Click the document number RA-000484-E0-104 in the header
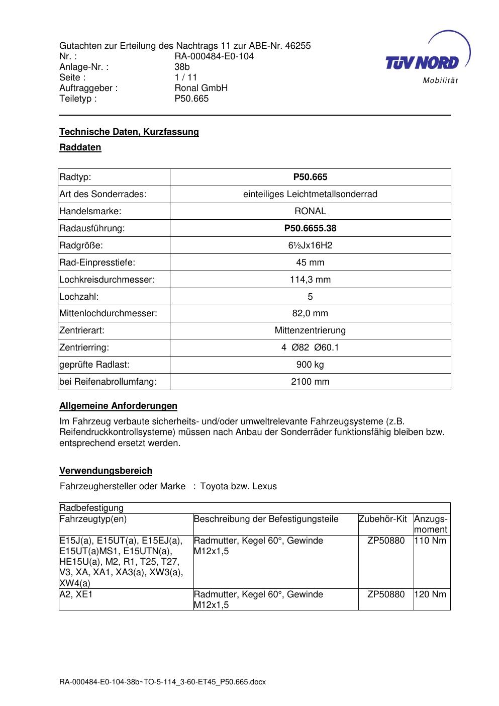214,56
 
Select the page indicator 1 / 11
186,77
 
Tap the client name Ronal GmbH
201,88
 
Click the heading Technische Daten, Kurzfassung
129,132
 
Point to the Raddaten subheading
80,147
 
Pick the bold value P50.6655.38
310,228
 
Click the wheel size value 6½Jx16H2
310,245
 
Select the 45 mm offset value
310,262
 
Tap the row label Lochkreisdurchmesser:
107,280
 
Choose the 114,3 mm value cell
310,280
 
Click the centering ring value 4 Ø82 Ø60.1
310,347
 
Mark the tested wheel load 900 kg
310,365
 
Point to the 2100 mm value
310,382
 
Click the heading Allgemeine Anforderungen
119,406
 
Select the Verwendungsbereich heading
106,471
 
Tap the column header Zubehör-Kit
383,519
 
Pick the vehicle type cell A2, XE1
76,594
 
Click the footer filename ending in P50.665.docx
162,682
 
